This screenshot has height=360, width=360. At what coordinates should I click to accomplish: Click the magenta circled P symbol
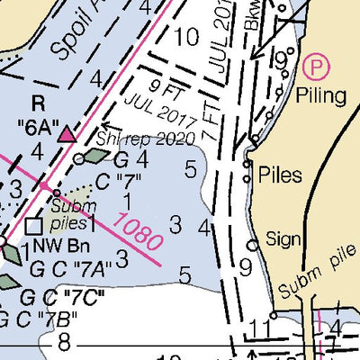[315, 65]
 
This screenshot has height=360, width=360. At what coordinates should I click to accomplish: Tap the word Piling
[326, 95]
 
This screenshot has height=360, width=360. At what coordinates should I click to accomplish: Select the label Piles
[279, 175]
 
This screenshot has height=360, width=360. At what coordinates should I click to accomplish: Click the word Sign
[284, 239]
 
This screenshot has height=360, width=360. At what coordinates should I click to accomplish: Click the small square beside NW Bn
[33, 226]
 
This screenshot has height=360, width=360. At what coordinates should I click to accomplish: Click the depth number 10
[186, 38]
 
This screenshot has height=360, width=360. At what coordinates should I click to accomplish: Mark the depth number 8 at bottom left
[64, 341]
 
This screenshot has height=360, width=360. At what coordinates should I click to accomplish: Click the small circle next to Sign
[255, 244]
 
